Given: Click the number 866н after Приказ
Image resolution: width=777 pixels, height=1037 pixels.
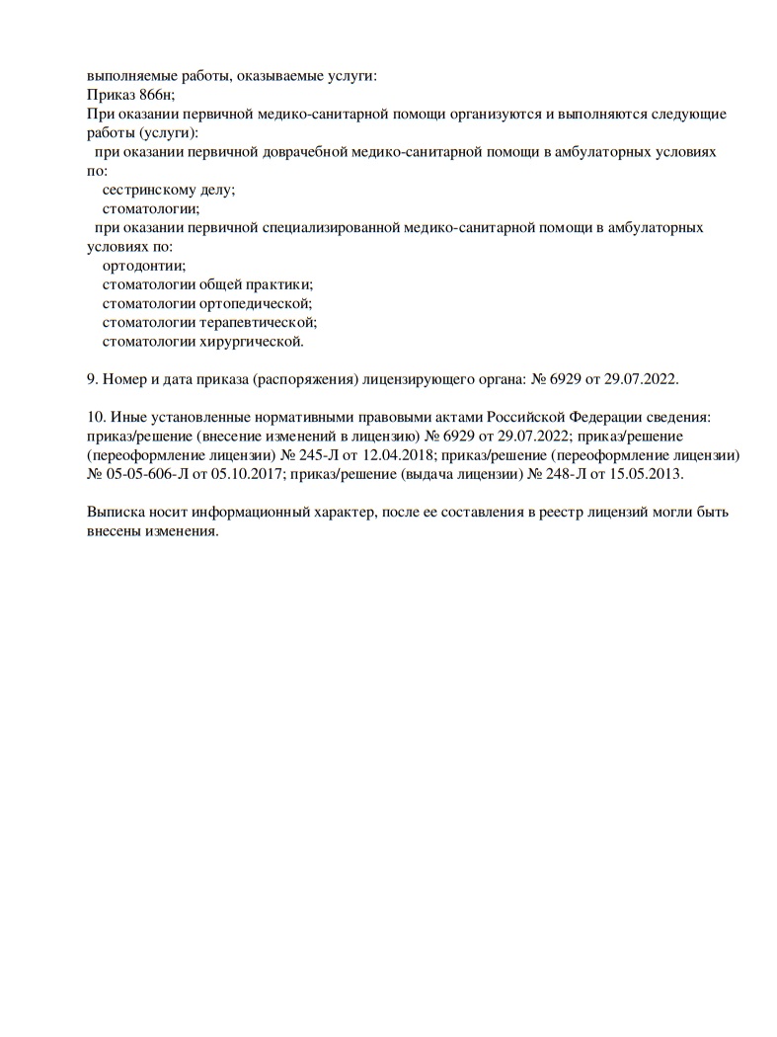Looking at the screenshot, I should (155, 95).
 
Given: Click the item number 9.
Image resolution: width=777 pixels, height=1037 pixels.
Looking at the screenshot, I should (93, 378).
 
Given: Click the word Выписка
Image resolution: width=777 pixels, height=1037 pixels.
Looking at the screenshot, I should (116, 513).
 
